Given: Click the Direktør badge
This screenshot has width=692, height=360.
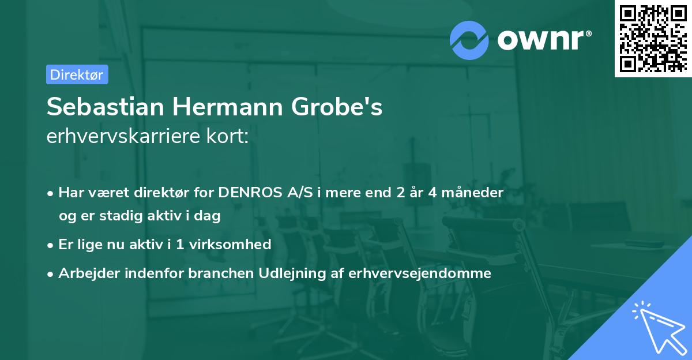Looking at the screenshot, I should [77, 74].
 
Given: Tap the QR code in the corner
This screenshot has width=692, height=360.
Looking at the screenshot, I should [653, 38].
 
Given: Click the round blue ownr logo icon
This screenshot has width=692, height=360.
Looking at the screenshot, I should [469, 40].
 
